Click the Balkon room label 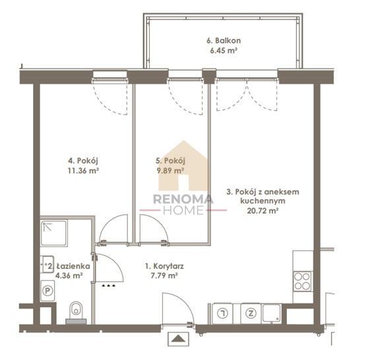[224, 41]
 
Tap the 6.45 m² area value [224, 51]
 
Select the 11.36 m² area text [83, 171]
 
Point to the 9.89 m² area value [170, 171]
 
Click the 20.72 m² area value [262, 211]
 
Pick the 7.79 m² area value [164, 276]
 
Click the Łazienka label [73, 266]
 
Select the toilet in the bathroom [76, 311]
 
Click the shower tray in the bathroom [54, 233]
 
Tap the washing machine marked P [47, 291]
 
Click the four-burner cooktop [302, 282]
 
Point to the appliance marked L [222, 313]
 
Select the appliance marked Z [251, 313]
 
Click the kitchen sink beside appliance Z [272, 313]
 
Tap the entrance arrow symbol [178, 339]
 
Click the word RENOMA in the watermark [183, 200]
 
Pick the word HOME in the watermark [183, 210]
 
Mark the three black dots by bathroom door [108, 285]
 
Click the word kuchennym [262, 201]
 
